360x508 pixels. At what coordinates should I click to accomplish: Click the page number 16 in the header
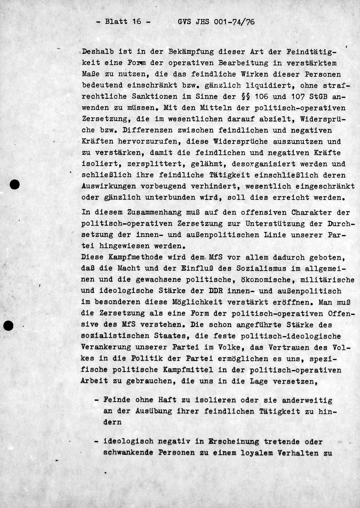tap(136, 21)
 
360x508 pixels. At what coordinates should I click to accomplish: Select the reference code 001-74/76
tap(234, 22)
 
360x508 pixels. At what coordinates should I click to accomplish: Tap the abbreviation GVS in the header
tap(185, 22)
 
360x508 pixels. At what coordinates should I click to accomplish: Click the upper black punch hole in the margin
tap(15, 184)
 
